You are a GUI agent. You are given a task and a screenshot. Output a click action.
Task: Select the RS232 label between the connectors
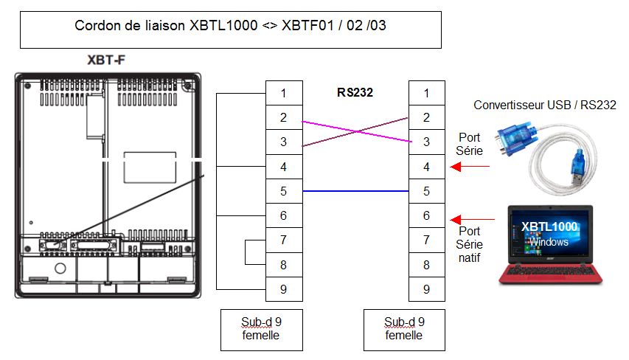pos(355,92)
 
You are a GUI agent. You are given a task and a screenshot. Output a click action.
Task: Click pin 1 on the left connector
pos(284,93)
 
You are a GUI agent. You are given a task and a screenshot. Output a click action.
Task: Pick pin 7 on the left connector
pos(284,240)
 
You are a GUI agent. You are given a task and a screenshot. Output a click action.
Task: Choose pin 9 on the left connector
pos(284,288)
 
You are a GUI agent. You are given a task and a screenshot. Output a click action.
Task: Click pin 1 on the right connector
pos(427,93)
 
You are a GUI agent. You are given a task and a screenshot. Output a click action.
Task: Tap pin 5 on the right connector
pos(427,191)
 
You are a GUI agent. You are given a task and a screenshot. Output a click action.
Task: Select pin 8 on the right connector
pos(427,264)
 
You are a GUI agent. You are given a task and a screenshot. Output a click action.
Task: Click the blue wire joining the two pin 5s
pos(355,191)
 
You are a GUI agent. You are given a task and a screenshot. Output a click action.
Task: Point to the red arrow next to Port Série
pos(470,167)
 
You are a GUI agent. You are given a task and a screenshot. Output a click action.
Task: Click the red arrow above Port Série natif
pos(473,219)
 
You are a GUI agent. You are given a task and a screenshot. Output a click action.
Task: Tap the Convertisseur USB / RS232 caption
pos(544,105)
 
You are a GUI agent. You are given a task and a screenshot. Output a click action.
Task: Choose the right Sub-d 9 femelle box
pos(404,329)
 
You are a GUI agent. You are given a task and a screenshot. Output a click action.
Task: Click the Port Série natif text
pos(470,244)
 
